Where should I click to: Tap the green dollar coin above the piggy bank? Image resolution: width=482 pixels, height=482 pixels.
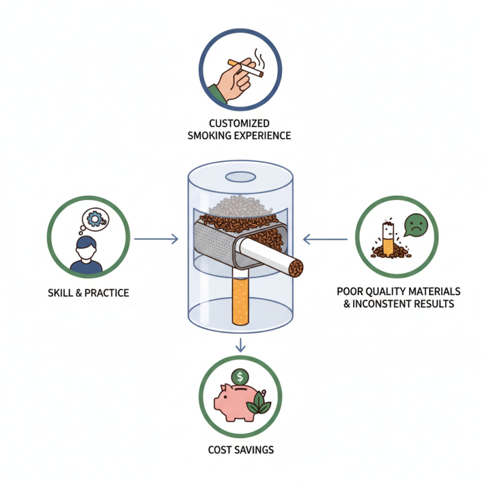click(240, 377)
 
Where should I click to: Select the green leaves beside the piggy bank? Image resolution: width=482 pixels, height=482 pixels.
click(261, 402)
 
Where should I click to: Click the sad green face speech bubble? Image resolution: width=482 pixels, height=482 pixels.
click(415, 225)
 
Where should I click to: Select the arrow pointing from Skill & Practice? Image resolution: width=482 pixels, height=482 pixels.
click(156, 239)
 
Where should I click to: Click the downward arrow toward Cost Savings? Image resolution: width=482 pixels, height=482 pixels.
click(240, 346)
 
